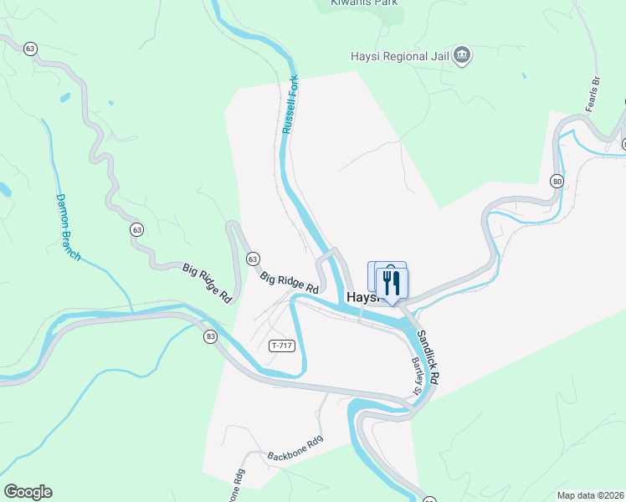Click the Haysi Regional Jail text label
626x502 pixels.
coord(398,57)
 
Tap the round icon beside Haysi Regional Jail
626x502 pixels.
coord(462,57)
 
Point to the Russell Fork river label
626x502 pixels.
coord(290,105)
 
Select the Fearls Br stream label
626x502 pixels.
coord(595,95)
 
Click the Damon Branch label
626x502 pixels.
coord(67,227)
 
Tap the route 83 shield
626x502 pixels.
coord(210,336)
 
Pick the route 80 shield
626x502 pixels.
coord(557,180)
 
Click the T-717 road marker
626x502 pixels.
coord(282,346)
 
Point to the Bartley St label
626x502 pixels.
coord(415,377)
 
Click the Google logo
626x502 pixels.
coord(28,492)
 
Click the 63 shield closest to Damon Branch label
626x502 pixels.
coord(136,229)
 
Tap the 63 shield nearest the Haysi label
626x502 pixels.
coord(253,259)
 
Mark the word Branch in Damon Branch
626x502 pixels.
coord(73,242)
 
